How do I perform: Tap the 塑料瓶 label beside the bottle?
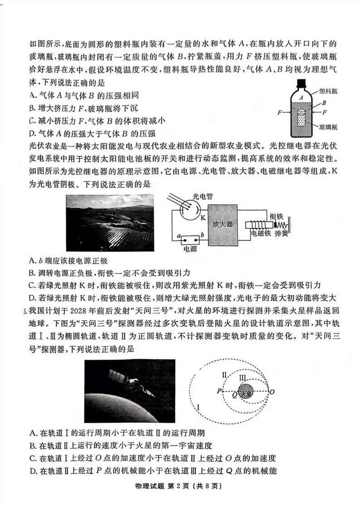point(328,91)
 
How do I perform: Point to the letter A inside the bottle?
point(301,97)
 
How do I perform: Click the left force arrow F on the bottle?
point(280,111)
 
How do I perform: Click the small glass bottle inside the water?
point(301,119)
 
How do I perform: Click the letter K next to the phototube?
point(203,217)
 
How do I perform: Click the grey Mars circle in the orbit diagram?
point(246,391)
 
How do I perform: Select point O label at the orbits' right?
point(271,391)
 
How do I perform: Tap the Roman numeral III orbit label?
point(243,377)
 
